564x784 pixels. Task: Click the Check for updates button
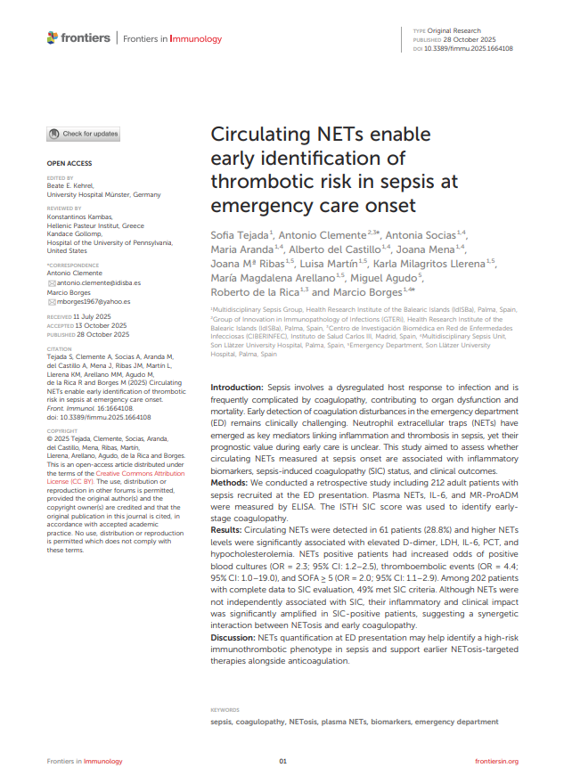click(x=83, y=134)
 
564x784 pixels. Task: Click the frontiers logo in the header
click(x=79, y=38)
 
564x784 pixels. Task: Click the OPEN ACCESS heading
click(x=69, y=164)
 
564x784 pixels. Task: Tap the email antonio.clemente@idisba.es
click(x=98, y=282)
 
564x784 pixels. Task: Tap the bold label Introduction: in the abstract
click(x=237, y=388)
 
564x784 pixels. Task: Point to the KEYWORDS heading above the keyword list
click(x=225, y=710)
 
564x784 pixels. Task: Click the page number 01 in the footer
click(x=282, y=762)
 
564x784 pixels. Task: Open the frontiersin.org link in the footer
click(x=496, y=762)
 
